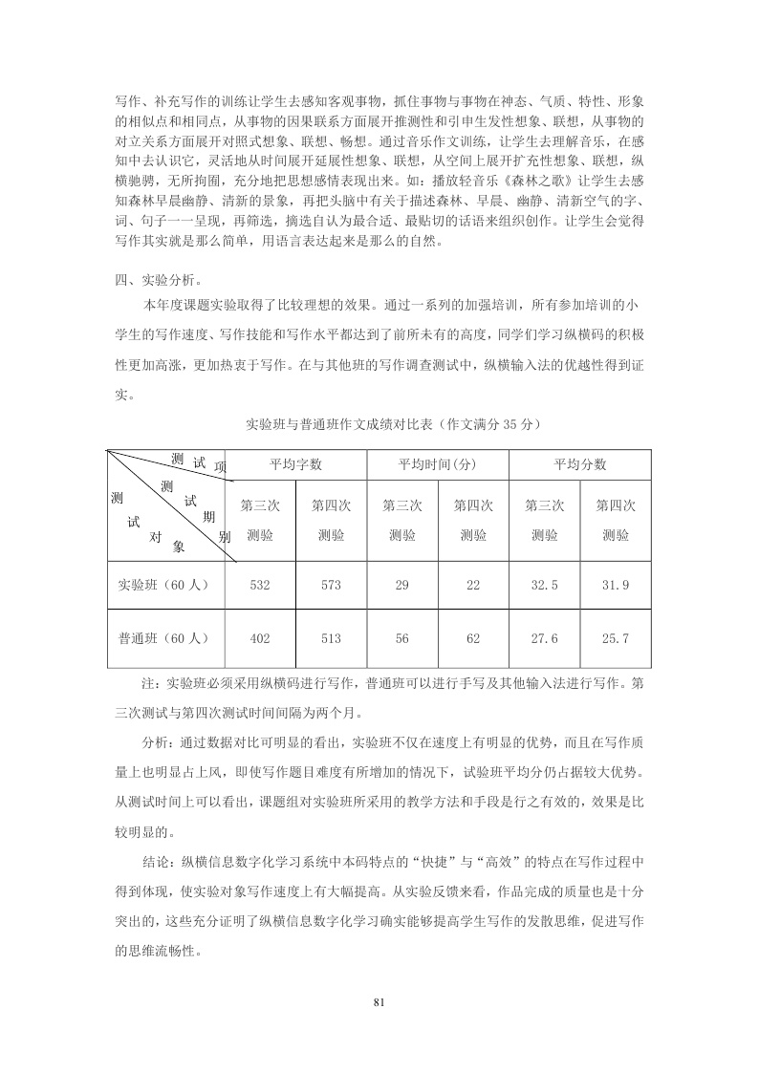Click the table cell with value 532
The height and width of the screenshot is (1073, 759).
(x=259, y=585)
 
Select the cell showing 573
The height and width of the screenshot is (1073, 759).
(x=331, y=585)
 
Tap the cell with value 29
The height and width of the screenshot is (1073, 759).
(x=401, y=585)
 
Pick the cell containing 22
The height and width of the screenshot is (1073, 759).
(x=473, y=585)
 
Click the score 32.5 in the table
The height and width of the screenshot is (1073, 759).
(x=545, y=585)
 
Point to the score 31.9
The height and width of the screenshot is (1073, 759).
(x=616, y=585)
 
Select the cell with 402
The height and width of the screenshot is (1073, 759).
(x=259, y=637)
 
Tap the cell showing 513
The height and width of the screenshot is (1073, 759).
(x=331, y=637)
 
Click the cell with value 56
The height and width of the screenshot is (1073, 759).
(x=401, y=637)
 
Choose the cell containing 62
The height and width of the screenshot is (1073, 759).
(x=473, y=637)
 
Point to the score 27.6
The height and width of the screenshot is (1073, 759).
(x=545, y=637)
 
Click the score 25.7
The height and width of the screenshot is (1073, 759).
(x=616, y=637)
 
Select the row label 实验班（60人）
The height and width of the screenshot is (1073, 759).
(x=163, y=585)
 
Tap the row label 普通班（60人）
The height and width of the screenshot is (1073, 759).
(x=163, y=637)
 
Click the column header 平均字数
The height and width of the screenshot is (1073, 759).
(x=295, y=464)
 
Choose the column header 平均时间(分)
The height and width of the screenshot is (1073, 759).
(x=437, y=464)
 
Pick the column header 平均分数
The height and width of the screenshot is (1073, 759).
(x=580, y=464)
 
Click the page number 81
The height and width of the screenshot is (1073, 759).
(x=379, y=1002)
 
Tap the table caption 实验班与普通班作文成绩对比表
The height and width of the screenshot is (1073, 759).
(x=344, y=421)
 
